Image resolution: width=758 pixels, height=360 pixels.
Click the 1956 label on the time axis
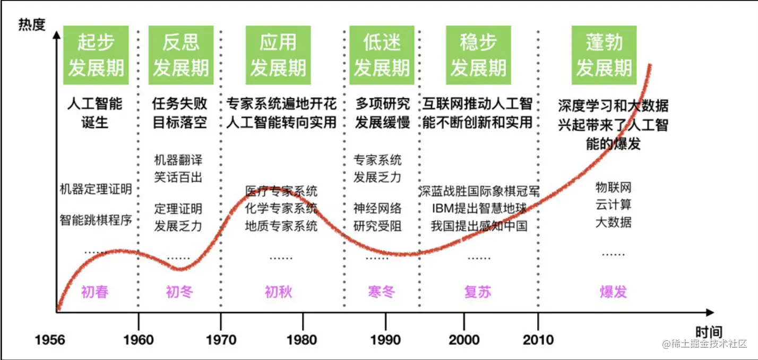(x=50, y=339)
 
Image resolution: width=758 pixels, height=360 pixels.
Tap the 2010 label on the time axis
(x=538, y=339)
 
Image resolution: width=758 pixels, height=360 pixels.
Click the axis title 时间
(x=709, y=333)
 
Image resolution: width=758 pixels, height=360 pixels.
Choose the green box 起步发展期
(x=96, y=55)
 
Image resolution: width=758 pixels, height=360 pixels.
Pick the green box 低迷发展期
(x=382, y=55)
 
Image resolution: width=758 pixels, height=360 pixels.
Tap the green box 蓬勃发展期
(x=604, y=55)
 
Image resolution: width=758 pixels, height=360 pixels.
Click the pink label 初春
(x=94, y=292)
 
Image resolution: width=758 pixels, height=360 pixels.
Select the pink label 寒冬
(x=381, y=292)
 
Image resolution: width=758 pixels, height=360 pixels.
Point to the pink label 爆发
(x=613, y=292)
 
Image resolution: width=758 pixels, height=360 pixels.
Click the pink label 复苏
(x=478, y=292)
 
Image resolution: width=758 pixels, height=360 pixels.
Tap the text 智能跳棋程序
(x=96, y=220)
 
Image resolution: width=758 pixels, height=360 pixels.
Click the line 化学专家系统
(x=281, y=208)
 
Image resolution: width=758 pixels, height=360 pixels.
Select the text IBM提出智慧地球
(x=479, y=208)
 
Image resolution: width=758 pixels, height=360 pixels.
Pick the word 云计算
(x=613, y=204)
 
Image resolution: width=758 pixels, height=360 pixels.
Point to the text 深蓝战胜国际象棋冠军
(x=479, y=191)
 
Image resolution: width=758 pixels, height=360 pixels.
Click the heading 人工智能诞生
(x=96, y=113)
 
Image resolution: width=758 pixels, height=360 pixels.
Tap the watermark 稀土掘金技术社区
(x=704, y=344)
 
